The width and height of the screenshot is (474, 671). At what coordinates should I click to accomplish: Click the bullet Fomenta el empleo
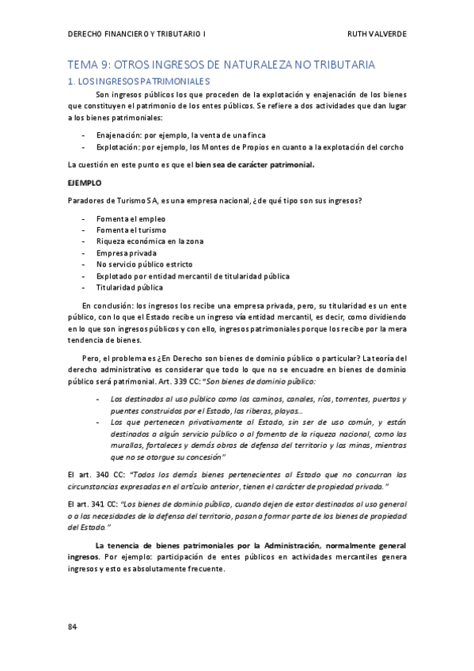click(x=131, y=218)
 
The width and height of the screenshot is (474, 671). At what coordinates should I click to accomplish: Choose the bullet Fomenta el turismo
click(x=132, y=230)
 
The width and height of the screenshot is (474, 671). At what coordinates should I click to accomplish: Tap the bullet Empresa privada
click(x=127, y=253)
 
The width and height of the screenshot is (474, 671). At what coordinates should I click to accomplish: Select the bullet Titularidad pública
click(x=130, y=287)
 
